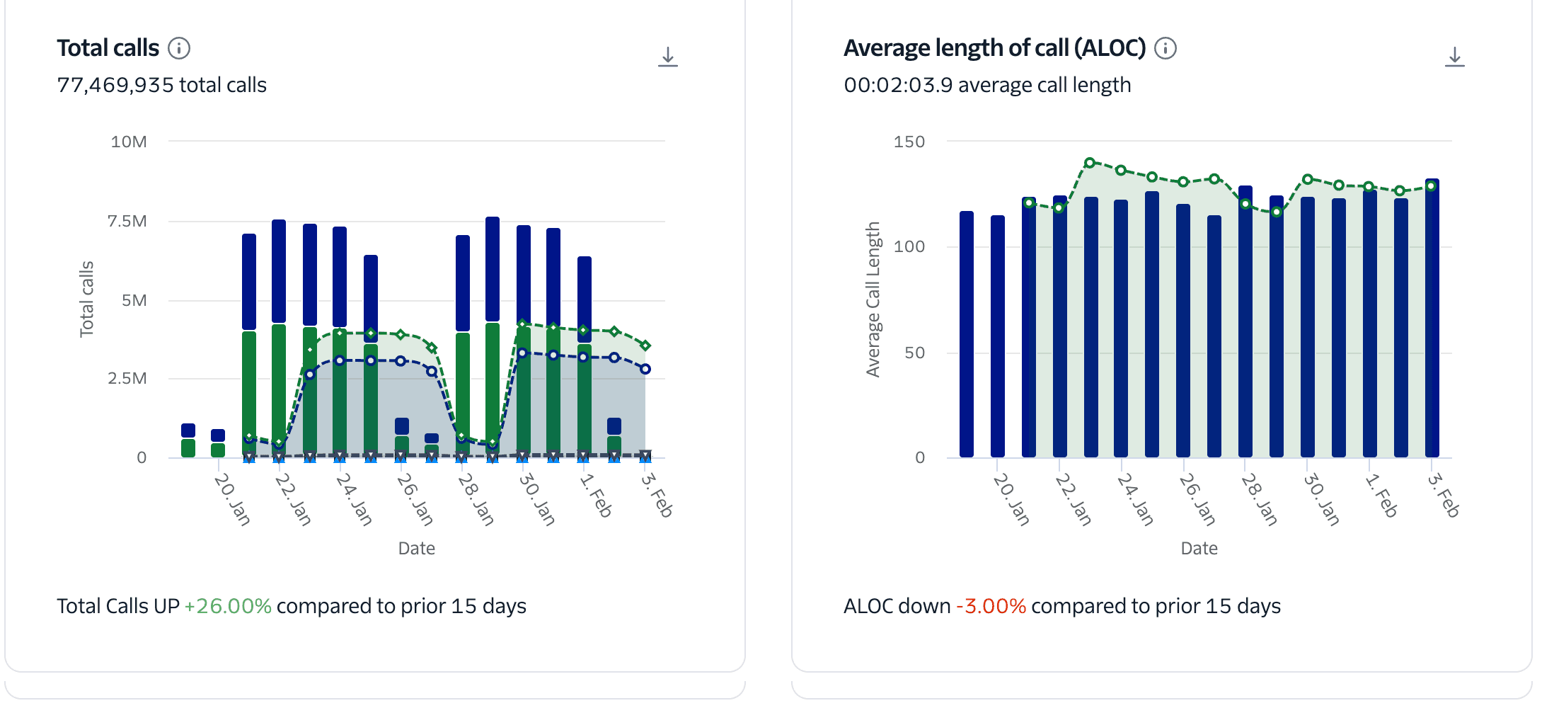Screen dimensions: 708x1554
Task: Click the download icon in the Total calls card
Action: click(x=667, y=57)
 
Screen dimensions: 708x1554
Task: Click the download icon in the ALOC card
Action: click(x=1454, y=57)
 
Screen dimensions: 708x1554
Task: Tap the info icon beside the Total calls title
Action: click(x=179, y=48)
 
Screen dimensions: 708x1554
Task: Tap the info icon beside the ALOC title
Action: click(x=1165, y=48)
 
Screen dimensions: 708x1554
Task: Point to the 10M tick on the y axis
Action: click(x=129, y=142)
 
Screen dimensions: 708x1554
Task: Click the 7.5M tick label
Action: click(x=127, y=221)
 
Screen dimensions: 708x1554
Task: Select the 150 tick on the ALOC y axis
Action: click(x=909, y=142)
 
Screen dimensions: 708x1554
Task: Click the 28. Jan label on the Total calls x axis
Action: click(x=476, y=499)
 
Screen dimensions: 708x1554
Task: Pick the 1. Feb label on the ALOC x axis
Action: click(x=1381, y=496)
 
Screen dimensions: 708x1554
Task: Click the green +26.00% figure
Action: click(x=228, y=606)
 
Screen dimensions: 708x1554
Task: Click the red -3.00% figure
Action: click(x=991, y=606)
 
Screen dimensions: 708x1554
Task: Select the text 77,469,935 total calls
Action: click(x=161, y=85)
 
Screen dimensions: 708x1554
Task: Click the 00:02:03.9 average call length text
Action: click(x=987, y=85)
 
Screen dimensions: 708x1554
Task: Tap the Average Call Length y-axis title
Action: click(x=873, y=299)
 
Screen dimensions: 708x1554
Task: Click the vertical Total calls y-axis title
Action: click(x=86, y=299)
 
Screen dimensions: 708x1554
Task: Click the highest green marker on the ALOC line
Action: click(x=1090, y=163)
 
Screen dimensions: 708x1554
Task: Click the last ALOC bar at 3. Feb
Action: click(x=1432, y=319)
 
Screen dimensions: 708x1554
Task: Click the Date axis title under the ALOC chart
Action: click(x=1199, y=548)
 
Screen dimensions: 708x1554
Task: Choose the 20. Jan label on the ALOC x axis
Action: click(x=1011, y=499)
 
